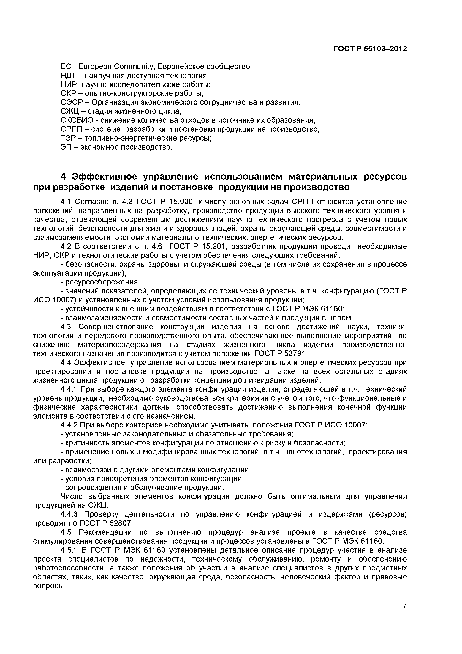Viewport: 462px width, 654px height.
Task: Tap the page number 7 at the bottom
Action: [404, 613]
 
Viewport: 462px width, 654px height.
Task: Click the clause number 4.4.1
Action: [69, 389]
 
